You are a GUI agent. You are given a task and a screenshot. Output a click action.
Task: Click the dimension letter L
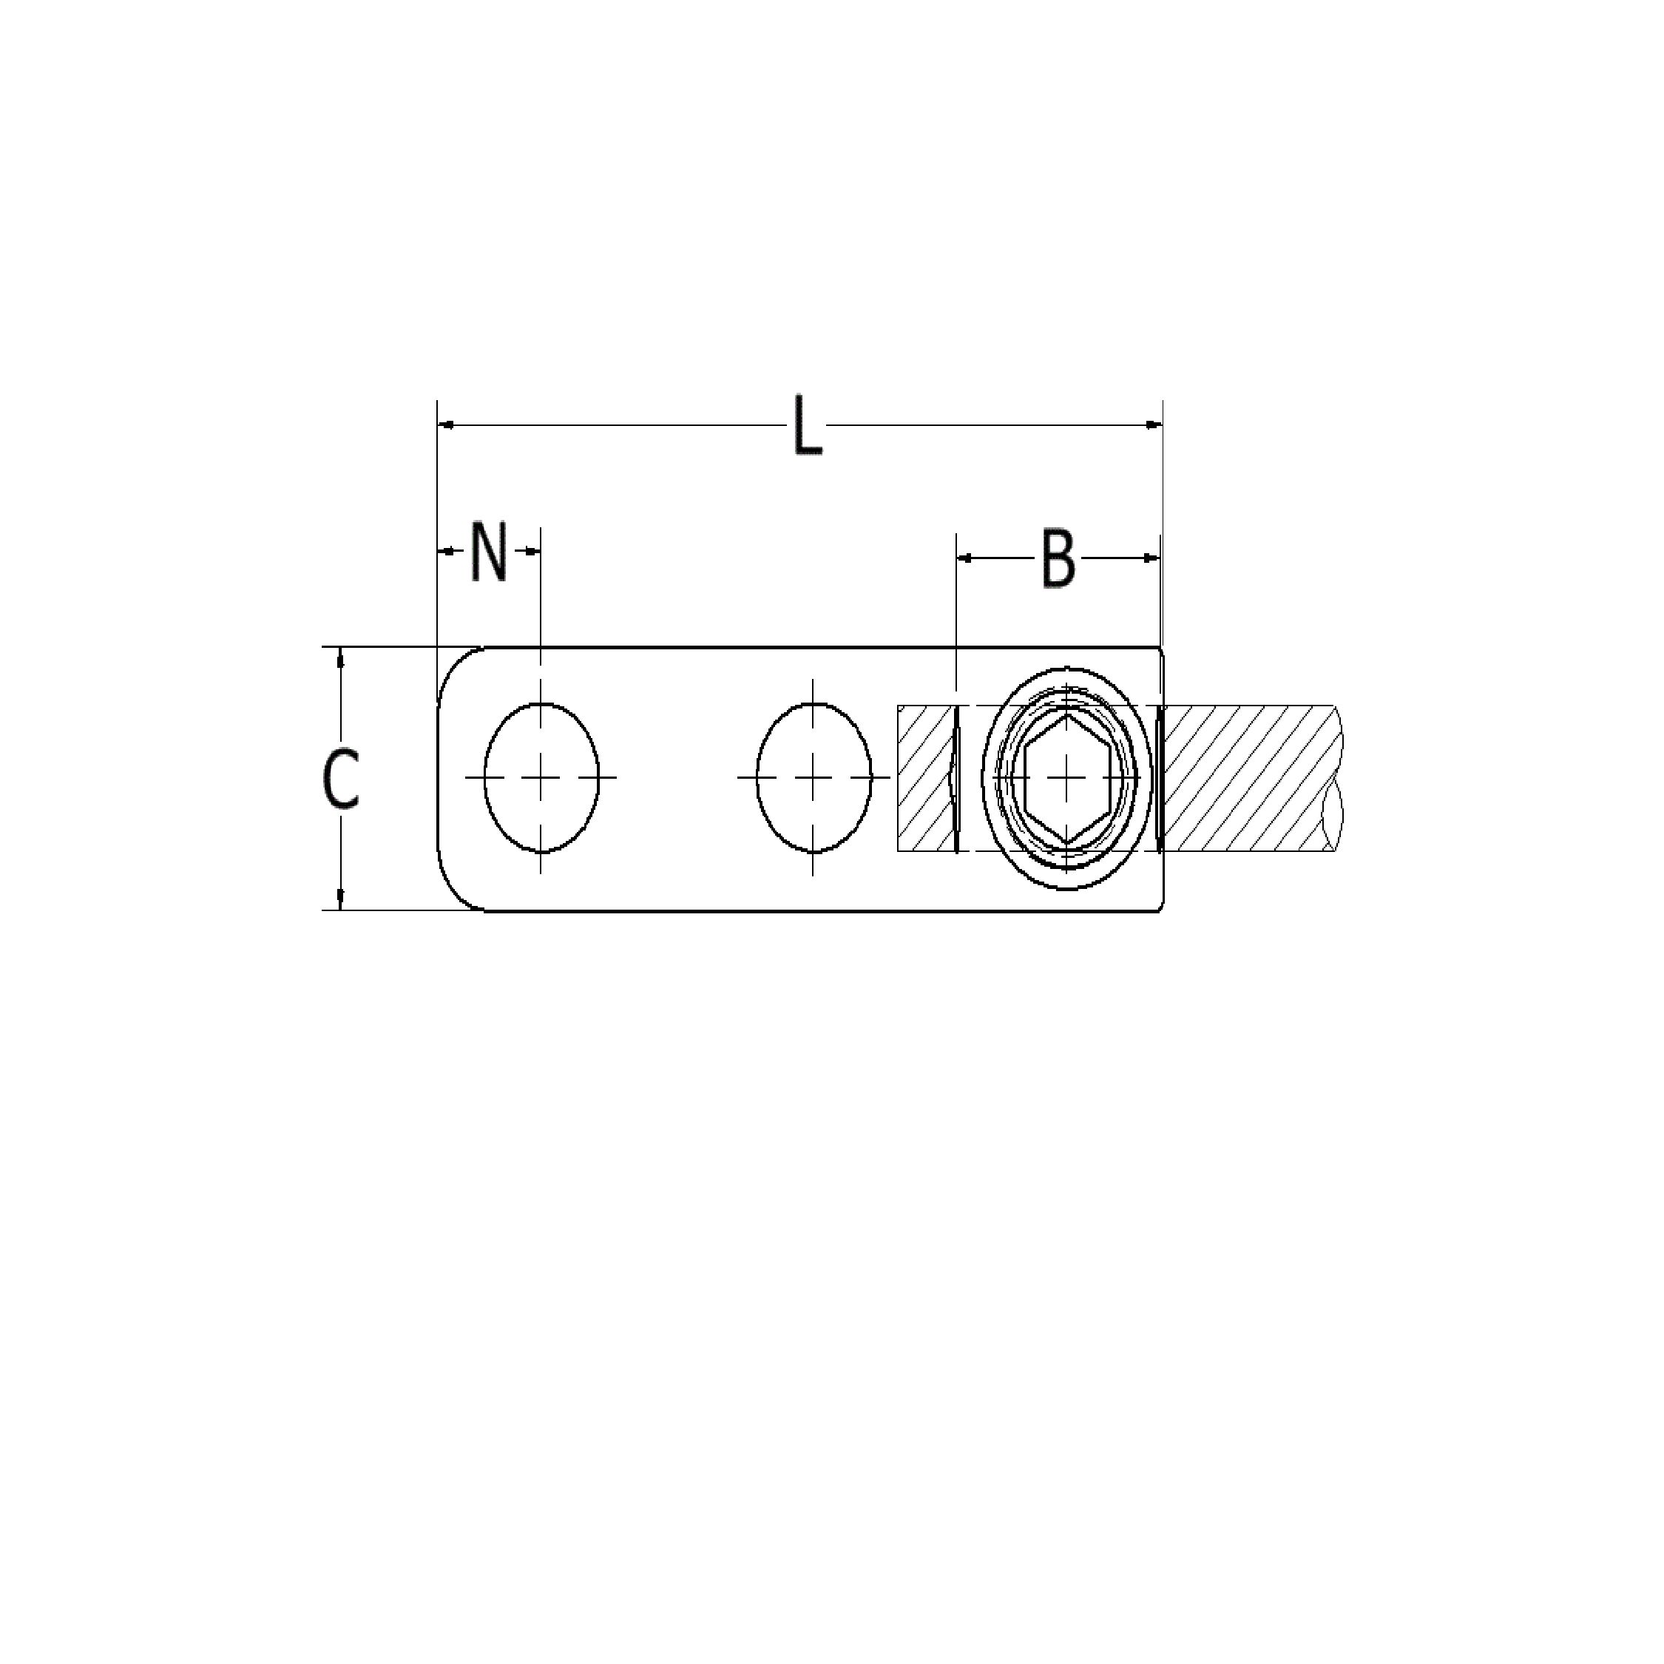coord(806,425)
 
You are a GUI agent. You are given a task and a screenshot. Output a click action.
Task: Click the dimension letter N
coord(488,551)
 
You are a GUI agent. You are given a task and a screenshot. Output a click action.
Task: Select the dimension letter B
coord(1058,559)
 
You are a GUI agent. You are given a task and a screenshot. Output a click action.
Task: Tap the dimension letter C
coord(340,779)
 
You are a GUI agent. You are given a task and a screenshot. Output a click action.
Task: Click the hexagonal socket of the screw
coord(1066,778)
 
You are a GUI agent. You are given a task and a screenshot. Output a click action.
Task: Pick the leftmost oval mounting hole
coord(541,778)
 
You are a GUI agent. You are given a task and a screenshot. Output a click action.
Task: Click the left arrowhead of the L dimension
coord(446,425)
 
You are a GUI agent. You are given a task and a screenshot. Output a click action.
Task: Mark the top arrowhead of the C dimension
coord(341,658)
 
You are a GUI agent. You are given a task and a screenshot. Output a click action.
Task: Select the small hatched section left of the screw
coord(923,778)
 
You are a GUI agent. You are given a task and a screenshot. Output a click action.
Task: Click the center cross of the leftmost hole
coord(541,778)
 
